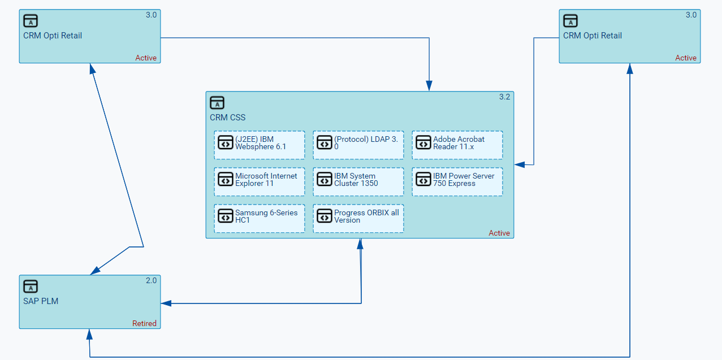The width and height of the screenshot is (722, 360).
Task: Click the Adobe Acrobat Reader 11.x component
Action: point(457,145)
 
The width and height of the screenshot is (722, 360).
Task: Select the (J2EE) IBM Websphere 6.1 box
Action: point(260,145)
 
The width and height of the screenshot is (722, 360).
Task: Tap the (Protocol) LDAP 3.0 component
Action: point(358,145)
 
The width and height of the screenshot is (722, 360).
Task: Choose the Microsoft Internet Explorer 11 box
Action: point(260,181)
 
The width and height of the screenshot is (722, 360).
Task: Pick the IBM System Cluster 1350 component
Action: point(358,181)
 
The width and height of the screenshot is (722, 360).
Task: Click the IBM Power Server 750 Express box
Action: point(457,181)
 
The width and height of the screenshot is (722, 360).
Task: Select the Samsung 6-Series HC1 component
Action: point(260,218)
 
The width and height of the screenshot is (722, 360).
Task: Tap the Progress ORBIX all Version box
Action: point(358,218)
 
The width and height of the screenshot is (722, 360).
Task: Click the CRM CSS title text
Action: point(227,118)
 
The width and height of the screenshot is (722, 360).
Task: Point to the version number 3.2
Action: point(504,97)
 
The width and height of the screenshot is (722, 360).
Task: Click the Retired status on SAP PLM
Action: point(144,323)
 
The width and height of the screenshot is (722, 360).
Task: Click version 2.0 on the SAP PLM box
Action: point(151,280)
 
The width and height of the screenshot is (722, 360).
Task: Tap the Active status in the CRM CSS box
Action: point(499,233)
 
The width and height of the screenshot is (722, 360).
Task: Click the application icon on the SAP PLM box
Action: point(31,286)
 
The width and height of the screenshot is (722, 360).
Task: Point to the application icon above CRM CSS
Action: point(217,102)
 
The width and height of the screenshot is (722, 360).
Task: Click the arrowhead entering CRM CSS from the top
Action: point(429,86)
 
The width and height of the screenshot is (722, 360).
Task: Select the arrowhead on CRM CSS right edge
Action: point(520,164)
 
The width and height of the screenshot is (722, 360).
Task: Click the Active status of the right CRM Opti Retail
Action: point(686,58)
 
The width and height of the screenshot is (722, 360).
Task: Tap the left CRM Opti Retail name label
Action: point(53,36)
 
